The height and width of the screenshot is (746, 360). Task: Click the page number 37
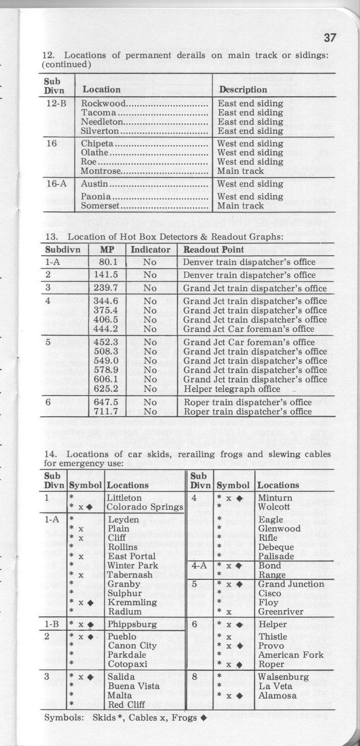click(330, 38)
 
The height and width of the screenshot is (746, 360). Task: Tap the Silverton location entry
click(100, 131)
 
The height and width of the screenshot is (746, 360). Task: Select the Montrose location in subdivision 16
click(101, 171)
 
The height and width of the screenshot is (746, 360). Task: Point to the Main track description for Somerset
click(241, 206)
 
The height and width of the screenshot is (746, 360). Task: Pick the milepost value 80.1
click(109, 262)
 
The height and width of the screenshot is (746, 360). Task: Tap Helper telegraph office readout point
click(232, 388)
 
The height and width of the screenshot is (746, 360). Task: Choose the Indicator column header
click(150, 250)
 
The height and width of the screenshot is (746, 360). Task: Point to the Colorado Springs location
click(145, 507)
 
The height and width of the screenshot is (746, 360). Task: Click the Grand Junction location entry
click(291, 584)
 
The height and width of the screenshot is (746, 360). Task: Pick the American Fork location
click(291, 655)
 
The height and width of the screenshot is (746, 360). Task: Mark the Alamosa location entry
click(277, 696)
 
